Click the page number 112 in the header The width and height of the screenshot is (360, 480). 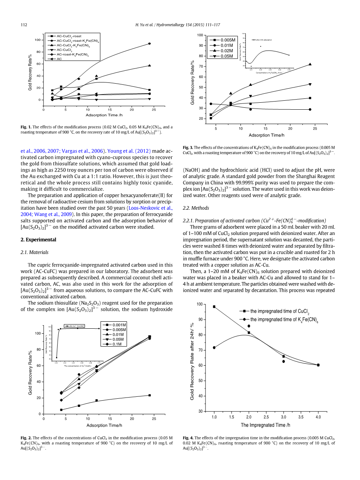(23, 25)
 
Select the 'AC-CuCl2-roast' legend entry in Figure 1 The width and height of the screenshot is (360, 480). (69, 36)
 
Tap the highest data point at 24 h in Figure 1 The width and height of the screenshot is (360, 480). (149, 44)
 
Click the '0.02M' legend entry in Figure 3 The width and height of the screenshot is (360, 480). (227, 51)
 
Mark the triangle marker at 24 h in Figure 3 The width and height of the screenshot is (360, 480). (310, 64)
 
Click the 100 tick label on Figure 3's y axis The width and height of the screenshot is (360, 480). (200, 35)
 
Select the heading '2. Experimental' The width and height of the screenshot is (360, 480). (38, 240)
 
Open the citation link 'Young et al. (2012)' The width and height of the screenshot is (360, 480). (129, 151)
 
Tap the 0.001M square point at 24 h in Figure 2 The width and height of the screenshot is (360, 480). (149, 395)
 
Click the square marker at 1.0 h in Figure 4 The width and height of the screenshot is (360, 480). (214, 307)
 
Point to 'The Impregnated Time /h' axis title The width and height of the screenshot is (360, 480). (265, 425)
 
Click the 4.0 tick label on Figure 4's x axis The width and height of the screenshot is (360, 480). (318, 417)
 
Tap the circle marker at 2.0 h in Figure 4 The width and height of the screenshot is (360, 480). (249, 326)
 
